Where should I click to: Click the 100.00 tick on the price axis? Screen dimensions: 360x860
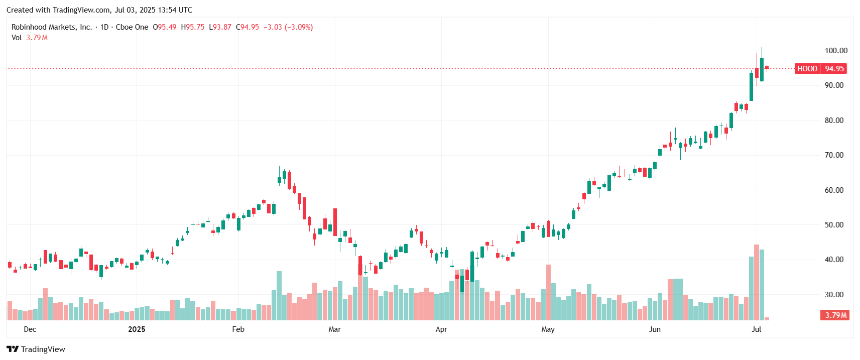click(836, 51)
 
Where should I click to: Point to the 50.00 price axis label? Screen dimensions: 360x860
click(834, 225)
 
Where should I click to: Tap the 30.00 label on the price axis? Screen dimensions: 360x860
click(834, 295)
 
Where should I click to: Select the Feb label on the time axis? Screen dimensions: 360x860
click(238, 329)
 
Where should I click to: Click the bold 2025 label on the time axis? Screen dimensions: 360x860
click(137, 329)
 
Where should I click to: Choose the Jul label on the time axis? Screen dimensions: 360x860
click(756, 329)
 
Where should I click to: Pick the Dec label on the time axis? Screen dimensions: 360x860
click(30, 329)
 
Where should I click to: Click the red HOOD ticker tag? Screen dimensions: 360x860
click(807, 69)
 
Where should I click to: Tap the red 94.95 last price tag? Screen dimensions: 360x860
click(834, 69)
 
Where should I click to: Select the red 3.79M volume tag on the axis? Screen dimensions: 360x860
click(836, 315)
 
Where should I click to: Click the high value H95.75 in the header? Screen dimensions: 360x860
click(193, 27)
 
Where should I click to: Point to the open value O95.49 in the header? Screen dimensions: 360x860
click(165, 27)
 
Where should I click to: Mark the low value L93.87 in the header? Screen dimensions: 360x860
click(220, 27)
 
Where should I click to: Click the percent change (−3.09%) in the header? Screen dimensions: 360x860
click(299, 27)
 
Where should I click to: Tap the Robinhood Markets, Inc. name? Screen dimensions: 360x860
click(52, 27)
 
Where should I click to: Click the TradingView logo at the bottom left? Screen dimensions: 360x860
click(36, 349)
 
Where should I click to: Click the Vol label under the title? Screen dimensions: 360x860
click(17, 38)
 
